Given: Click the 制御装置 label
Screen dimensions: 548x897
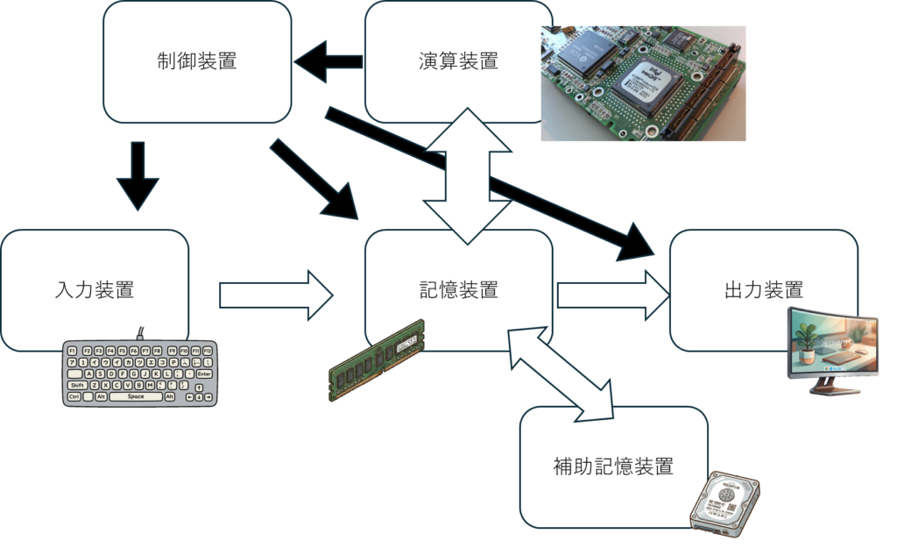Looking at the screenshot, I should click(x=197, y=61).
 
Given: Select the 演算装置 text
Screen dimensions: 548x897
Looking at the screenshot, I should click(x=458, y=61).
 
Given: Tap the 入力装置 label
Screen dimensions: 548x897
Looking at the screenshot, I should click(x=95, y=290).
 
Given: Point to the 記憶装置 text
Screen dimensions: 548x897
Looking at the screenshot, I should click(x=458, y=290).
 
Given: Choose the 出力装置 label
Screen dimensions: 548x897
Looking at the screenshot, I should click(x=764, y=290).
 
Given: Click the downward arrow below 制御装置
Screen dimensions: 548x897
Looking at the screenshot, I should click(x=138, y=175).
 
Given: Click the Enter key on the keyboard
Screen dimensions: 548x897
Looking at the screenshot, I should click(x=204, y=374).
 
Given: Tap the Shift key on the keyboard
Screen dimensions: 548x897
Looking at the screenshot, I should click(x=77, y=385).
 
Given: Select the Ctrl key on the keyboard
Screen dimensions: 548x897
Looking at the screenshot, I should click(x=75, y=396).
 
